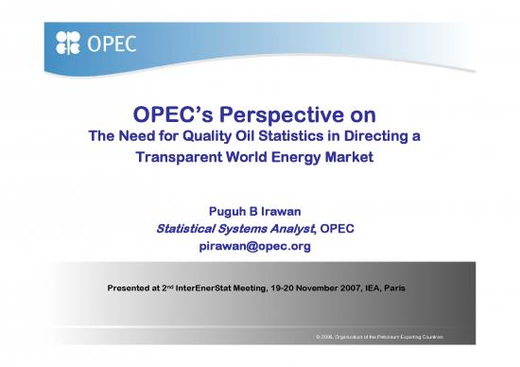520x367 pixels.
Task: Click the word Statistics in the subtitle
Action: [287, 137]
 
